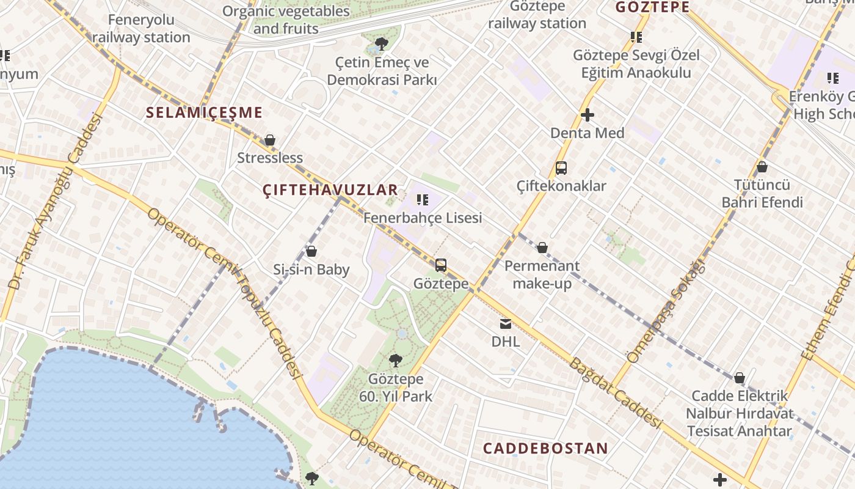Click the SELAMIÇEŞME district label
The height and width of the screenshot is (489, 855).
(204, 112)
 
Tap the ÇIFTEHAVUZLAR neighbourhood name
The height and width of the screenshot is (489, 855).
(330, 190)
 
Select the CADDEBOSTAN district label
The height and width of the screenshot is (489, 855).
(545, 448)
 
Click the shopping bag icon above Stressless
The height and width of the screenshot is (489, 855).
(270, 140)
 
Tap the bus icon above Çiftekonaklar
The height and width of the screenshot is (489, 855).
(561, 168)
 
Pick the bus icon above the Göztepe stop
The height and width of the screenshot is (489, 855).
(441, 265)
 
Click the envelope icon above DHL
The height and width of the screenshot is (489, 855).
(506, 323)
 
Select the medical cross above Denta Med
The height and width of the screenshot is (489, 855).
(588, 115)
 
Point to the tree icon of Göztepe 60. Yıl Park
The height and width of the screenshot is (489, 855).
(396, 361)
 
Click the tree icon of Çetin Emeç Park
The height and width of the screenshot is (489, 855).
(382, 43)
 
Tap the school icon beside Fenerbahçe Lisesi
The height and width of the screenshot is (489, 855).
(422, 199)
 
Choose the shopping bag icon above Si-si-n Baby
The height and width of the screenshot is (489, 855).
(311, 251)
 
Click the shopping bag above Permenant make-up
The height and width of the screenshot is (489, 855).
(542, 248)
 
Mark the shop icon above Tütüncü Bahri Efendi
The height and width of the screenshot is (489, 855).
(762, 167)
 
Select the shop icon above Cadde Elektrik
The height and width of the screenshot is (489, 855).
(739, 378)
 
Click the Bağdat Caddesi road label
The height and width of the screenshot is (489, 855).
(616, 393)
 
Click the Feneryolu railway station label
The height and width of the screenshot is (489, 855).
(141, 28)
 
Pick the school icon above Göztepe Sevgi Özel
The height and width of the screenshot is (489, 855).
(636, 37)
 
